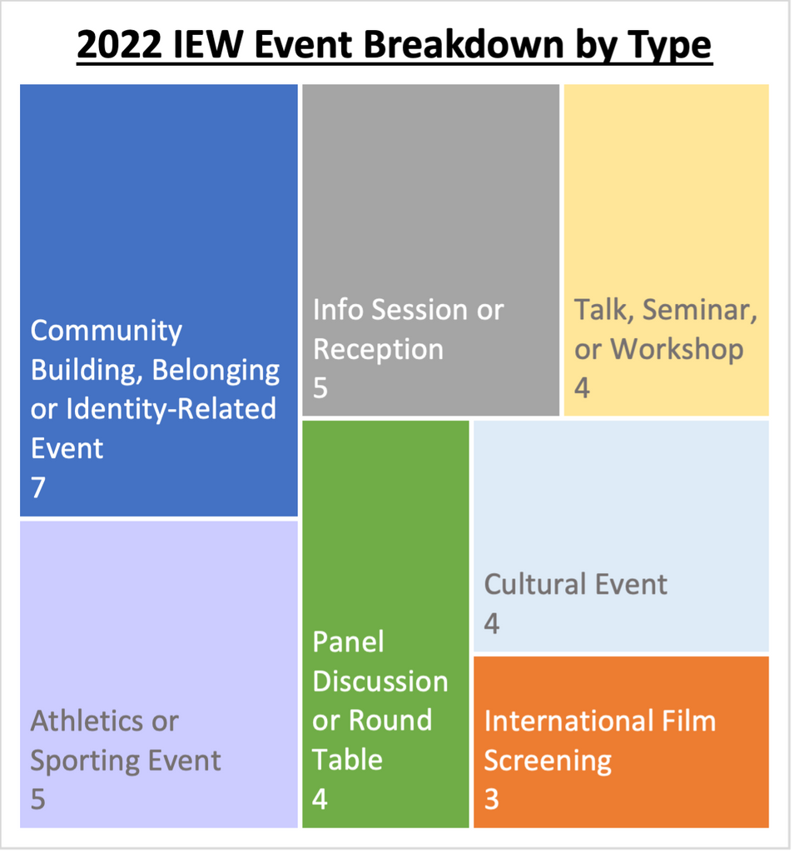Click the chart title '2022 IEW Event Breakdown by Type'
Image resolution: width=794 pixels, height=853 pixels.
[x=395, y=45]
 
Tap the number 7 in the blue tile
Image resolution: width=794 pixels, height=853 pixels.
[x=38, y=487]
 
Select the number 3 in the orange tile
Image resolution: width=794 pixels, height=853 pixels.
[x=492, y=799]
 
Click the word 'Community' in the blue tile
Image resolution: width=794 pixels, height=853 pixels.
[x=106, y=332]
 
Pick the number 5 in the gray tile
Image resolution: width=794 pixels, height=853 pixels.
[x=320, y=388]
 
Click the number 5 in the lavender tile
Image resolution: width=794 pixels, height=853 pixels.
[x=38, y=799]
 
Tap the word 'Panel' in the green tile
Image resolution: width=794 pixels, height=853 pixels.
[x=349, y=642]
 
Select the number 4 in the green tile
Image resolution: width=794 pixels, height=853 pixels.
[x=320, y=799]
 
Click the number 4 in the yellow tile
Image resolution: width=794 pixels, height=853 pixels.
[x=582, y=388]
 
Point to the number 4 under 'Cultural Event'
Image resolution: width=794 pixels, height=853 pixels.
[x=492, y=623]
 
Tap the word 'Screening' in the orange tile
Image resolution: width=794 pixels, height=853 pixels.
[x=548, y=761]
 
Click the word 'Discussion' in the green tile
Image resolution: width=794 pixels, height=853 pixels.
[x=380, y=681]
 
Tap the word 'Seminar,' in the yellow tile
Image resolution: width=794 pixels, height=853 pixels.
[x=700, y=310]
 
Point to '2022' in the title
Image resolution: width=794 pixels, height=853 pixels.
[x=119, y=45]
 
